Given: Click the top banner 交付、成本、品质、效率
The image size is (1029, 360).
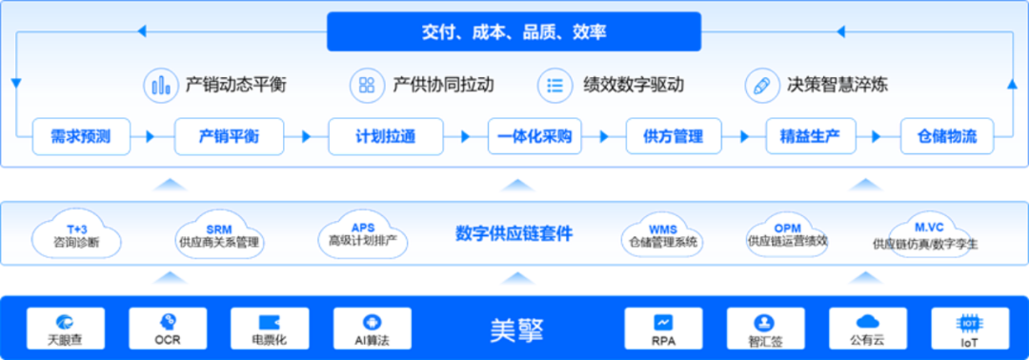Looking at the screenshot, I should [x=514, y=31].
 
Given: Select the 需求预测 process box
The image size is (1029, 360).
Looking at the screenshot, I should [x=80, y=136].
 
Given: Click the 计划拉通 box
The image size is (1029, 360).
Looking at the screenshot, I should [x=372, y=136].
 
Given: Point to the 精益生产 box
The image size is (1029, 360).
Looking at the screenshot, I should [x=812, y=136].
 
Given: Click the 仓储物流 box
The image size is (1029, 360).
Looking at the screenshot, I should [x=947, y=136].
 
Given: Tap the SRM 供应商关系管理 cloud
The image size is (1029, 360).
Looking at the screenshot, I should [x=218, y=235].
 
